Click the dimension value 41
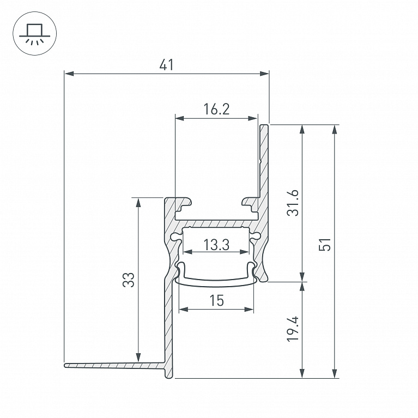click(x=167, y=65)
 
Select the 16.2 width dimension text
click(x=216, y=109)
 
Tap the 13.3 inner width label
click(x=216, y=245)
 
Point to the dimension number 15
click(x=216, y=300)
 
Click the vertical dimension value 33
click(x=129, y=280)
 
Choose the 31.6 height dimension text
click(x=293, y=203)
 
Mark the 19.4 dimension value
click(x=293, y=329)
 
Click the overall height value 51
click(x=325, y=245)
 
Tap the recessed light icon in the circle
click(x=35, y=34)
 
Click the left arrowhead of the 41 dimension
click(x=69, y=74)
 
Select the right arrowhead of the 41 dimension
click(x=264, y=74)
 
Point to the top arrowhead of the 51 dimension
click(x=335, y=129)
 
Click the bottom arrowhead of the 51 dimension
click(x=335, y=373)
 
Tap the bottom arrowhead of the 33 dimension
click(x=138, y=357)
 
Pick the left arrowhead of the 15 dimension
click(x=184, y=309)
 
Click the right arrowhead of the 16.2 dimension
click(x=253, y=118)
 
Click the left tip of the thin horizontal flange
click(x=65, y=365)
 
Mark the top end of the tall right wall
click(x=264, y=124)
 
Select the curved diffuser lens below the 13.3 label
click(x=216, y=282)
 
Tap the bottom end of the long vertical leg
click(x=169, y=378)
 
